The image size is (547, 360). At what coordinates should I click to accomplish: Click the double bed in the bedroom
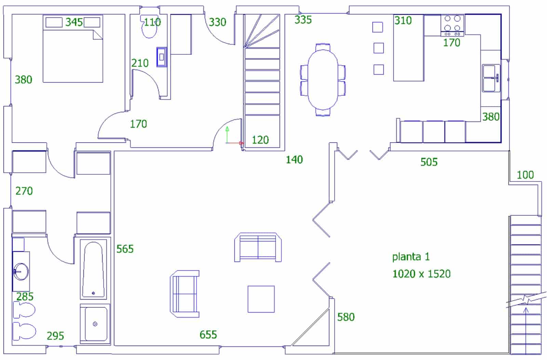pos(73,49)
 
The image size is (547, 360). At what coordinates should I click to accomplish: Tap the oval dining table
pos(323,80)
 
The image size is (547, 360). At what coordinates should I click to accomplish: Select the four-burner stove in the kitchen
pos(452,25)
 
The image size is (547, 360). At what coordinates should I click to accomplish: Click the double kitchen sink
pos(491,78)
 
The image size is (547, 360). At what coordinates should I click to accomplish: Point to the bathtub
pos(93,269)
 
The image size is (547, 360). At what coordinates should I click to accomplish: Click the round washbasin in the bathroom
pos(21,271)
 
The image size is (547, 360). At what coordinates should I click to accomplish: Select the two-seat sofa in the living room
pos(258,247)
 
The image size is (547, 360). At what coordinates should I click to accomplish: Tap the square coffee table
pos(261,299)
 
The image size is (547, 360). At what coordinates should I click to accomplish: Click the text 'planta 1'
pos(411,257)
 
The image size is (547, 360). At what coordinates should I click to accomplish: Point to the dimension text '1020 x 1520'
pos(422,274)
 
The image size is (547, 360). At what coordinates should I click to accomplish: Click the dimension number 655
pos(208,335)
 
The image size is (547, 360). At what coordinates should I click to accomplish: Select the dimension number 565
pos(125,249)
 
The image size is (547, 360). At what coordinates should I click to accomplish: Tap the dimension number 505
pos(429,162)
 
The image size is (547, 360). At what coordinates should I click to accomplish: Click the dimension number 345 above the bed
pos(74,22)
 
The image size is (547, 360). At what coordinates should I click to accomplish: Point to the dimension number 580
pos(346,317)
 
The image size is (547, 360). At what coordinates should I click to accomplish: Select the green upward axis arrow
pos(227,135)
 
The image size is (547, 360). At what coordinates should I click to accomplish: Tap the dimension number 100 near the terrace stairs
pos(525,175)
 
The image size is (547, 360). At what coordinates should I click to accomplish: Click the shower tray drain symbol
pos(95,324)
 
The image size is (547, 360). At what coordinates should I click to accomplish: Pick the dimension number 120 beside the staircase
pos(260,140)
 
